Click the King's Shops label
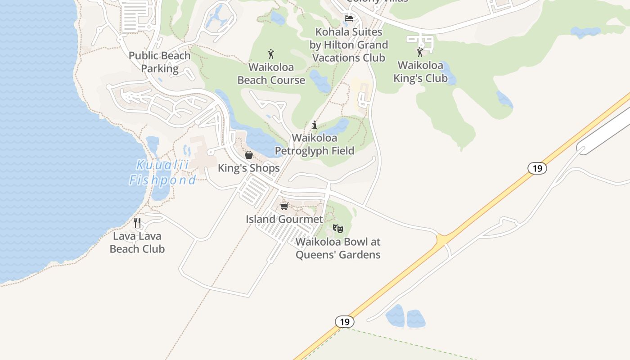[x=249, y=168]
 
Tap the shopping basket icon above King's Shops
[x=249, y=155]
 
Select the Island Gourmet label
[x=284, y=219]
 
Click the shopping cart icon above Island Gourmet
[x=284, y=206]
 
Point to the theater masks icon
[x=338, y=229]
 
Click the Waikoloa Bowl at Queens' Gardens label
[x=338, y=248]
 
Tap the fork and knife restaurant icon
[x=137, y=222]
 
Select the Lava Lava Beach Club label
[x=137, y=242]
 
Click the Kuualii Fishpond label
[x=163, y=173]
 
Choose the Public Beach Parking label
[x=160, y=62]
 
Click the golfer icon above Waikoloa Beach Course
[x=271, y=54]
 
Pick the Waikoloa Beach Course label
[x=271, y=74]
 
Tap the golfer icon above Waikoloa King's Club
[x=420, y=52]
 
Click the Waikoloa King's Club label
[x=421, y=72]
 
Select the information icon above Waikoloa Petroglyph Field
[x=315, y=125]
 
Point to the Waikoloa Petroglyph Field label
[x=315, y=144]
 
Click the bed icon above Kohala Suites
[x=349, y=18]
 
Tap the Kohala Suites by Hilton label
[x=349, y=45]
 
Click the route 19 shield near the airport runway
[x=537, y=168]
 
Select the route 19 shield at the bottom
[x=345, y=322]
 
